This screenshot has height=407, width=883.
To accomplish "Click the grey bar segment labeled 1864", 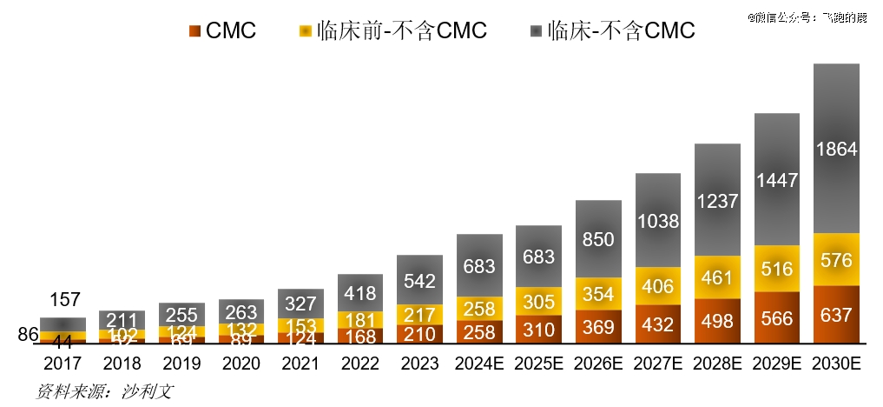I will (x=836, y=149).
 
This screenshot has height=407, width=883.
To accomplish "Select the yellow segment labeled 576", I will (x=836, y=259).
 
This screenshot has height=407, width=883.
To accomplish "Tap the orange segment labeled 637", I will (x=836, y=314).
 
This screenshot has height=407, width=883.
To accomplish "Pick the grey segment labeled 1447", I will (x=776, y=180).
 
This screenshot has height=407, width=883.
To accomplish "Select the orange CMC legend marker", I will (x=194, y=31).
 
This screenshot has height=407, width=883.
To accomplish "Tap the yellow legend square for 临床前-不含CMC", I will (x=305, y=31).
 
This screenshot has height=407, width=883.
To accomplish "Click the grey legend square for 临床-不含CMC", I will (x=536, y=31).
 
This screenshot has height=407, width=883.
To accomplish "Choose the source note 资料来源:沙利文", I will (x=104, y=390).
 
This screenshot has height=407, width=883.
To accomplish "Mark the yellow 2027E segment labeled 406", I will (x=657, y=285).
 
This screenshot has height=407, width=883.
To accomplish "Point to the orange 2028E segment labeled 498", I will (x=717, y=322).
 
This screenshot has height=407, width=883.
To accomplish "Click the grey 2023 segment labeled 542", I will (x=420, y=280).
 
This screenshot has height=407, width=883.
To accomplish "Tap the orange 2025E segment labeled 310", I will (x=538, y=330).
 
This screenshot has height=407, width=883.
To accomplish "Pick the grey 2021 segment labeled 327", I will (x=300, y=304).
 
